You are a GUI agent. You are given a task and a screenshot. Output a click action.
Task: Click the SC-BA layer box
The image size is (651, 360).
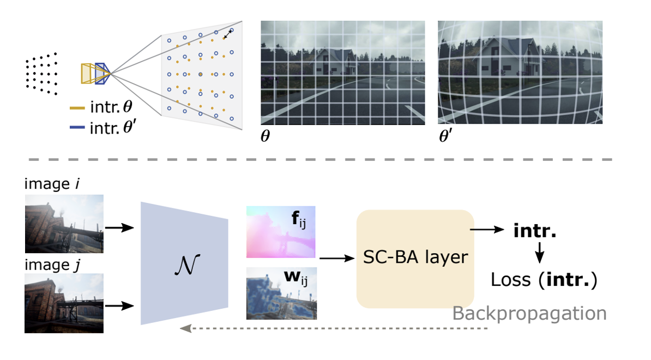pyautogui.click(x=415, y=259)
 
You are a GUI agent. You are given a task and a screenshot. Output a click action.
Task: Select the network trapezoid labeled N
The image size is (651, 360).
pyautogui.click(x=184, y=263)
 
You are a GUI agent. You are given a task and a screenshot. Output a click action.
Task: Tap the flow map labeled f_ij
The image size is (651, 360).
pyautogui.click(x=281, y=232)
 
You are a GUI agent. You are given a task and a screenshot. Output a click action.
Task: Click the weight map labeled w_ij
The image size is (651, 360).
pyautogui.click(x=281, y=293)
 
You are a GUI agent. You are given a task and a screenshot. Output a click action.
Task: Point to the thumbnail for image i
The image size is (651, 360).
pyautogui.click(x=64, y=224)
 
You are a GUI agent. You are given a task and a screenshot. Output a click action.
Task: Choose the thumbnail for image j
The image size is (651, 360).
pyautogui.click(x=64, y=303)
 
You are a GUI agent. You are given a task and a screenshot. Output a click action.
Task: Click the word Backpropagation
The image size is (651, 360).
pyautogui.click(x=529, y=314)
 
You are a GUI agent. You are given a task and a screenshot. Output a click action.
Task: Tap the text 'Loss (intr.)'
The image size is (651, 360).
pyautogui.click(x=544, y=280)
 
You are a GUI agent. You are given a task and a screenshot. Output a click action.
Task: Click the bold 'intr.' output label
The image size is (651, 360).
pyautogui.click(x=535, y=230)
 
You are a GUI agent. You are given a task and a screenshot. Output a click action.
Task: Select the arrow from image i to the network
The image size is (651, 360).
pyautogui.click(x=119, y=227)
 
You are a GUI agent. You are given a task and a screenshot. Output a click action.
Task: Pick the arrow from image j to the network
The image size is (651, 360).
pyautogui.click(x=119, y=306)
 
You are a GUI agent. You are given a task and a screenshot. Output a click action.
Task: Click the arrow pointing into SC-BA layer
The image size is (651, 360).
pyautogui.click(x=337, y=258)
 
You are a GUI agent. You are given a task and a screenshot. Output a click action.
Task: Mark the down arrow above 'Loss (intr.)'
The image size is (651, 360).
pyautogui.click(x=539, y=253)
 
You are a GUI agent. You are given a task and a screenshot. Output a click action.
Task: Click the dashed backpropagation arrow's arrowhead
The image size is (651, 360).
pyautogui.click(x=185, y=328)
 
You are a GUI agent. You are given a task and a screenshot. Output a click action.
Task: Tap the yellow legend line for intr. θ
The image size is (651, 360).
pyautogui.click(x=77, y=108)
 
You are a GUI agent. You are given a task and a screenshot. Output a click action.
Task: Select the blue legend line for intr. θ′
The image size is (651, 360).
pyautogui.click(x=77, y=128)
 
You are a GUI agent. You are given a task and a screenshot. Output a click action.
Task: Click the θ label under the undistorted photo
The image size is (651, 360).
pyautogui.click(x=266, y=136)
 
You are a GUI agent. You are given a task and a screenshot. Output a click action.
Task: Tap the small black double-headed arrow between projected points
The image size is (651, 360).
pyautogui.click(x=227, y=34)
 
